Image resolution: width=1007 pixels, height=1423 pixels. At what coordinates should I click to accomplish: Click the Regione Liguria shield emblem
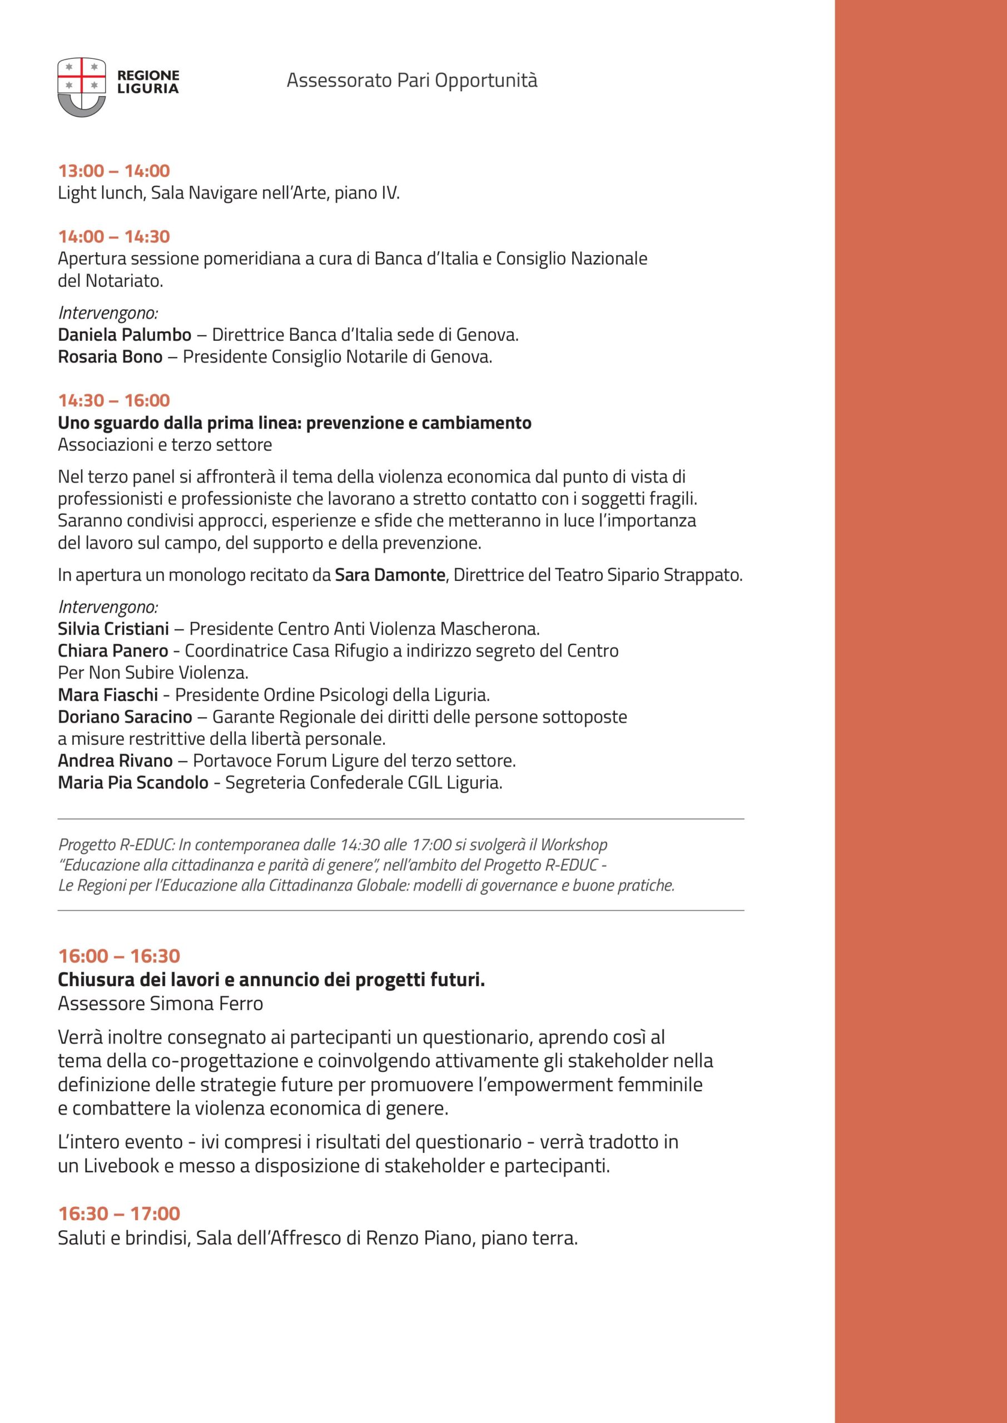pyautogui.click(x=81, y=87)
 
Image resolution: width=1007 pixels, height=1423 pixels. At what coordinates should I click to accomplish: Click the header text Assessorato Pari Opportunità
pyautogui.click(x=411, y=81)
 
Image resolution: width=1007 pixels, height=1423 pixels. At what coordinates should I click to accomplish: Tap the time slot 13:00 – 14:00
pyautogui.click(x=114, y=171)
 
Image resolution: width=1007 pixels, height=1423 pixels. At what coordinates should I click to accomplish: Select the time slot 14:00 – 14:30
pyautogui.click(x=114, y=237)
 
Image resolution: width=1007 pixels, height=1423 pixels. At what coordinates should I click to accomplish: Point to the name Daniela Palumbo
pyautogui.click(x=125, y=335)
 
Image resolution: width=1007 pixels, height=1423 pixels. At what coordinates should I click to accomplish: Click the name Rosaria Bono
pyautogui.click(x=110, y=357)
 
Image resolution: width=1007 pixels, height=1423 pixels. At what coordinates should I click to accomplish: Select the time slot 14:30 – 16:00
pyautogui.click(x=114, y=401)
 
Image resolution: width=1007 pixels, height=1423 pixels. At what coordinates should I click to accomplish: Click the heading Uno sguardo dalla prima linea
pyautogui.click(x=295, y=424)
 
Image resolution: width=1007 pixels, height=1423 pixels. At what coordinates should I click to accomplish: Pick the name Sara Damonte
pyautogui.click(x=390, y=575)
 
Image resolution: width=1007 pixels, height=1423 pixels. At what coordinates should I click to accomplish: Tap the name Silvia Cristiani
pyautogui.click(x=113, y=629)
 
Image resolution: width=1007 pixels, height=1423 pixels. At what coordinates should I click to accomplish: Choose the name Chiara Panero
pyautogui.click(x=113, y=651)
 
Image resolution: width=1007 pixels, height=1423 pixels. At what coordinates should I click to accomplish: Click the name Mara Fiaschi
pyautogui.click(x=108, y=695)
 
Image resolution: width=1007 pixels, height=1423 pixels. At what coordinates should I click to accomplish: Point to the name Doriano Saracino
pyautogui.click(x=125, y=717)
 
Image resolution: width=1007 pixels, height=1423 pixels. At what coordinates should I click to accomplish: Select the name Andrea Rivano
pyautogui.click(x=115, y=760)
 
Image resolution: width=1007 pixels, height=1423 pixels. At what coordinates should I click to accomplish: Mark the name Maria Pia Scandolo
pyautogui.click(x=133, y=783)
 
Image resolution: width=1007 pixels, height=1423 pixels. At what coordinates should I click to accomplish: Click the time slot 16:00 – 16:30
pyautogui.click(x=119, y=956)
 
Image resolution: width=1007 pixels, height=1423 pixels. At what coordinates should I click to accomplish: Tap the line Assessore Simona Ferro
pyautogui.click(x=161, y=1003)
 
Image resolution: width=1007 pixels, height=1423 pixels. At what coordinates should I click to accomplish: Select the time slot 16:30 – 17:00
pyautogui.click(x=119, y=1213)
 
